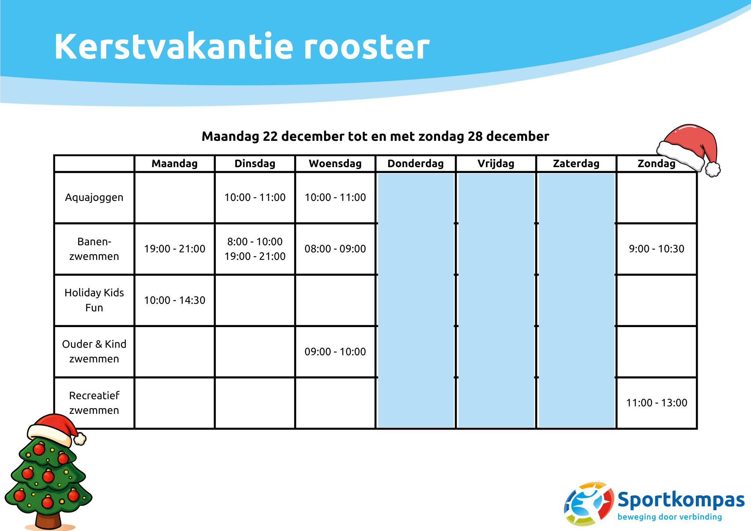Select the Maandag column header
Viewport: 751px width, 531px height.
(175, 164)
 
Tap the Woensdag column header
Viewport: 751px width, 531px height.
(335, 164)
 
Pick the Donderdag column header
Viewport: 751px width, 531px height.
(415, 164)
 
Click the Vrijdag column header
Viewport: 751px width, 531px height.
(496, 164)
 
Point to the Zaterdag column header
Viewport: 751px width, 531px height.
(576, 164)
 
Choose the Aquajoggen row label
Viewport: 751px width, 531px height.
(94, 198)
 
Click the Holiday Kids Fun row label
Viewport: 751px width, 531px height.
(94, 300)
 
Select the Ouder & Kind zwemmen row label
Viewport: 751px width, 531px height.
(94, 351)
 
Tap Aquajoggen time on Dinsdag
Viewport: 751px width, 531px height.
(255, 198)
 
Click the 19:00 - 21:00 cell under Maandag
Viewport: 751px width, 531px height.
(175, 249)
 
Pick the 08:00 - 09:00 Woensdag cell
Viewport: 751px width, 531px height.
(335, 249)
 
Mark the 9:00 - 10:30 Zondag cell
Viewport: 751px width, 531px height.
(656, 249)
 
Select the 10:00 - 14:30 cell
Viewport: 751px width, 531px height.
(175, 300)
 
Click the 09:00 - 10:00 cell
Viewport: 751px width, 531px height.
(335, 351)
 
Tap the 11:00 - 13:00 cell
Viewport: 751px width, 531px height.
(656, 403)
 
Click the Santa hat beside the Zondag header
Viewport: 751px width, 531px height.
(691, 146)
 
